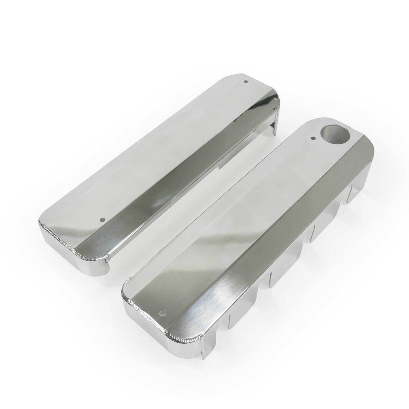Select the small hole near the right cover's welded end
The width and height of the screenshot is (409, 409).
pos(162,312)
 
